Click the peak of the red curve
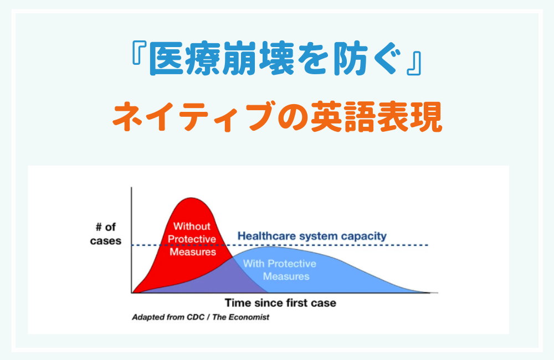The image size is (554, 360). coord(191,198)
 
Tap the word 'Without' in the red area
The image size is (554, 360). coord(192,226)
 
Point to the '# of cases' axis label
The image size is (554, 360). coord(106,234)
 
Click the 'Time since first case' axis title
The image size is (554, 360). coord(280,303)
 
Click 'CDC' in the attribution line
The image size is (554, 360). coord(196,317)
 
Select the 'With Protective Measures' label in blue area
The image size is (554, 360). coord(280,270)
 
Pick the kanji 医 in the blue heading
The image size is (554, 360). coord(167,59)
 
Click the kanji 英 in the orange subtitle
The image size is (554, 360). coord(326,117)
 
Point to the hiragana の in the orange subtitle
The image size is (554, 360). coord(293,117)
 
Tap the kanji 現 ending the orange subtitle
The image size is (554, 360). coord(426,117)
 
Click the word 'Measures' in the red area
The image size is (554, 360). coord(193,252)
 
